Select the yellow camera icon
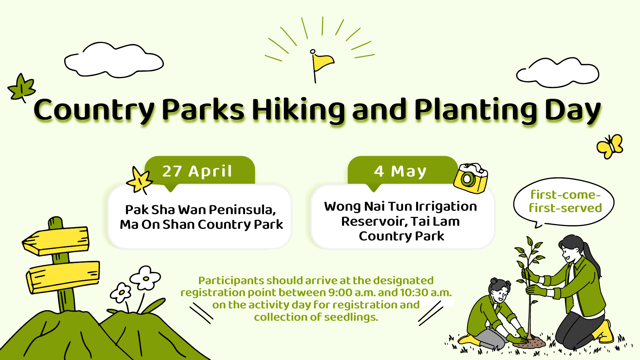point(470,178)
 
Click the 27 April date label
point(197,171)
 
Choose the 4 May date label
point(400,171)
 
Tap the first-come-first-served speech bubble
point(564,202)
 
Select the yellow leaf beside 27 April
point(139,180)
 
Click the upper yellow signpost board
point(56,241)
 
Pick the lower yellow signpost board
point(63,277)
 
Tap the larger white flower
point(145,278)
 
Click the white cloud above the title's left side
point(114,60)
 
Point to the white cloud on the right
point(557,73)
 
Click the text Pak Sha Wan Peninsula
point(201,209)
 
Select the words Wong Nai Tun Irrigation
point(400,206)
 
